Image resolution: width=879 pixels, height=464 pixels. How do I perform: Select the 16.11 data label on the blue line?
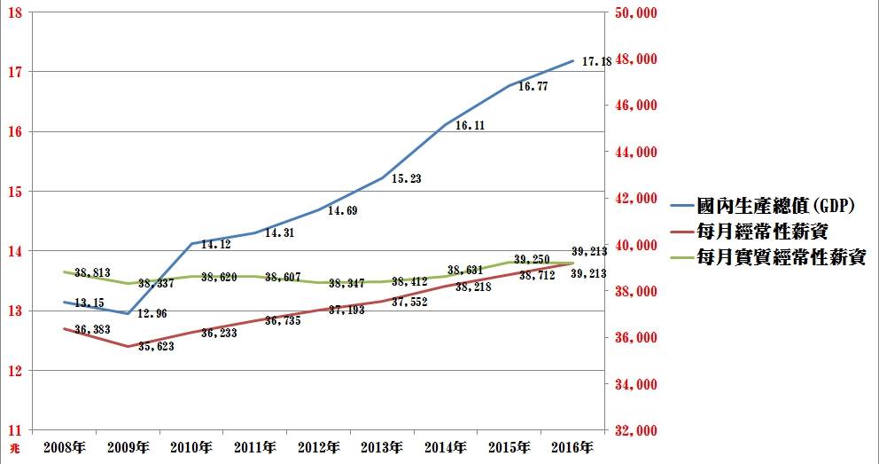469,126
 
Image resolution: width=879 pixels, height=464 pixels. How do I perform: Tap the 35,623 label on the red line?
156,346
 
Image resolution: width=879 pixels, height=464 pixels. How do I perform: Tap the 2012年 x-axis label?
321,445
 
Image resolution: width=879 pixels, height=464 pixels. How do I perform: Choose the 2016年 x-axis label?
572,445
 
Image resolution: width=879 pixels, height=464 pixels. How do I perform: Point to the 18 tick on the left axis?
14,12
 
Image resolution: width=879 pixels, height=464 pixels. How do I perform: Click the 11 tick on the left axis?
14,429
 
